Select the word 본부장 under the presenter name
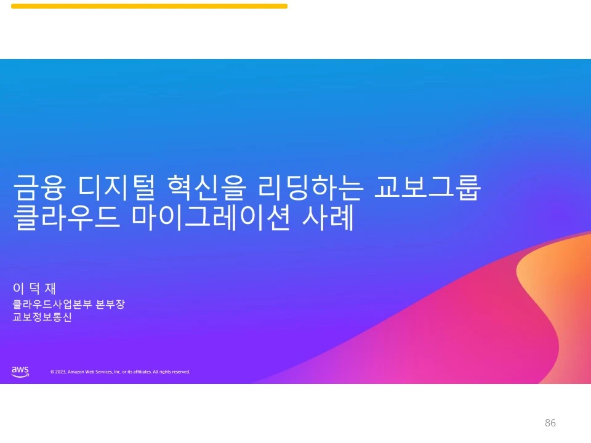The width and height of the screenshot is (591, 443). pos(111,304)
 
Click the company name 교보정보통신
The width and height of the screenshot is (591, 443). pos(42,317)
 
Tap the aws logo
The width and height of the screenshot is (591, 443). pos(20,371)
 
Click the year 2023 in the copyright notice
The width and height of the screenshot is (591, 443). pos(60,372)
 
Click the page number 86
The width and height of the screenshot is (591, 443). pos(550,423)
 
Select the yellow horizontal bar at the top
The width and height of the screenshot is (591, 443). pos(149,6)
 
